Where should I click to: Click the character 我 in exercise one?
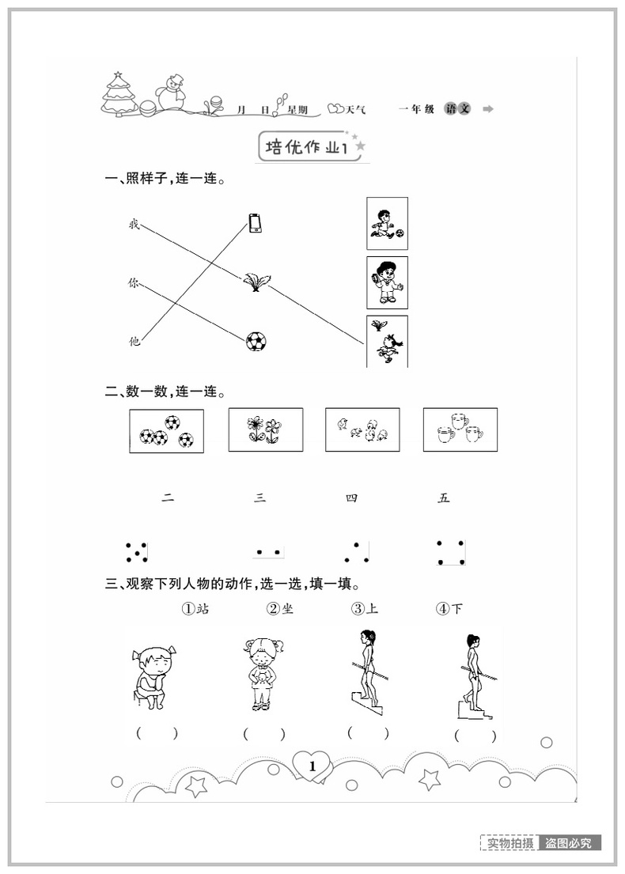click(134, 225)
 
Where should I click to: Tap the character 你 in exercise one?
click(134, 282)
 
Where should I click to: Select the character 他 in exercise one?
click(134, 341)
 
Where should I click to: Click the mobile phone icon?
click(255, 224)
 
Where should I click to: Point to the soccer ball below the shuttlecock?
click(256, 342)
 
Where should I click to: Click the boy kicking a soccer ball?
click(387, 224)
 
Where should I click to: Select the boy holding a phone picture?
click(387, 282)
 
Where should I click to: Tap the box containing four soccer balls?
click(166, 430)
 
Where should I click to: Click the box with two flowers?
click(265, 429)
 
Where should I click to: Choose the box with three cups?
click(460, 429)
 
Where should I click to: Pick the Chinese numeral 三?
click(260, 498)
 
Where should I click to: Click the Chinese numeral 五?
click(444, 498)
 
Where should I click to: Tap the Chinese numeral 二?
click(167, 498)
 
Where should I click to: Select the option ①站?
click(195, 609)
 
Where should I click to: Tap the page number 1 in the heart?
click(312, 766)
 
